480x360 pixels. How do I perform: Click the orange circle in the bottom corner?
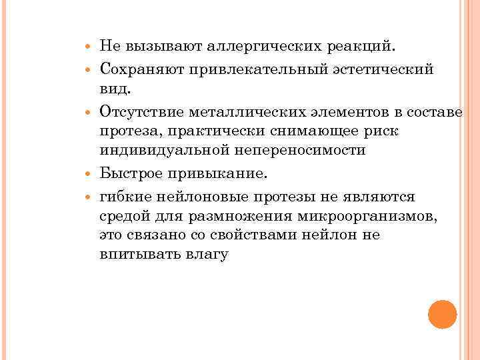(x=442, y=314)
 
